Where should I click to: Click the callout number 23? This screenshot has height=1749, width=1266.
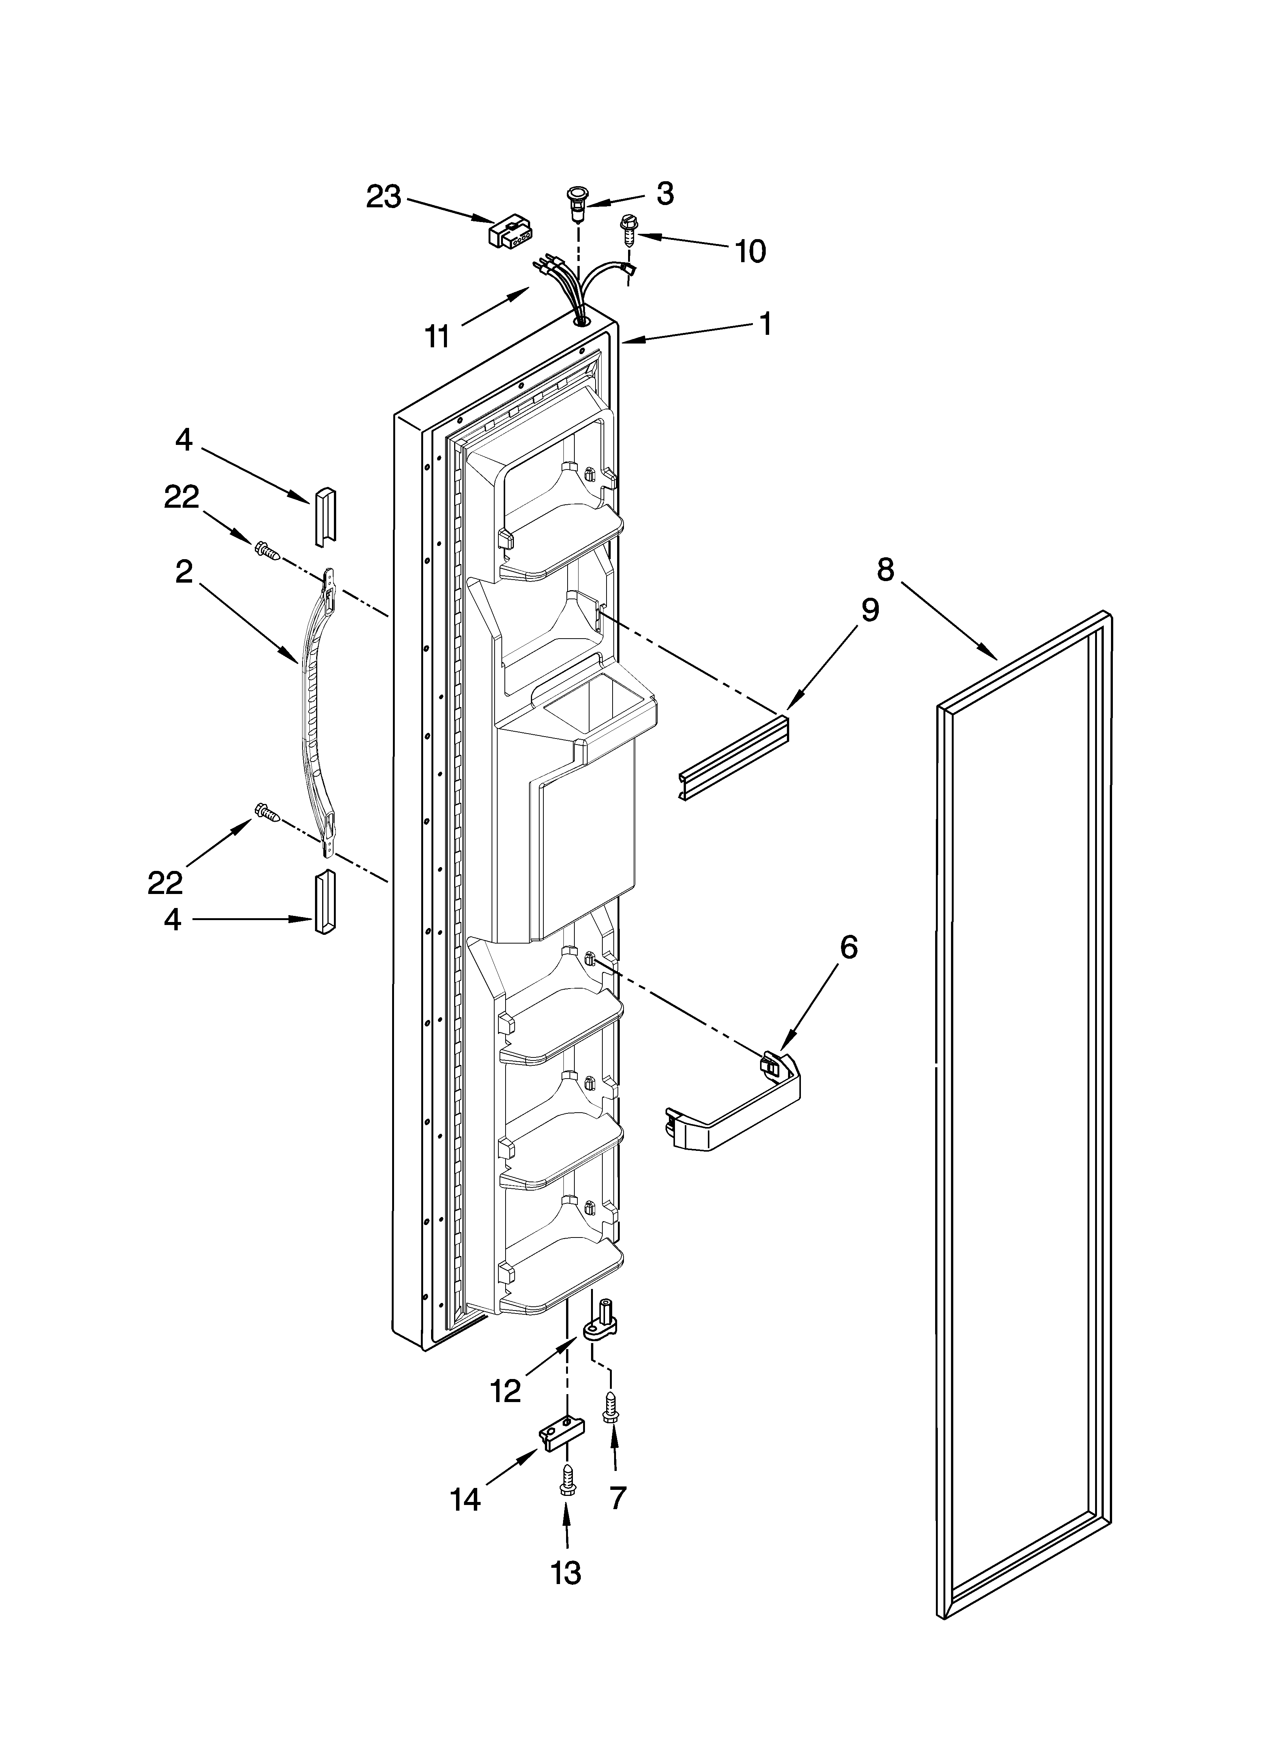coord(383,197)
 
